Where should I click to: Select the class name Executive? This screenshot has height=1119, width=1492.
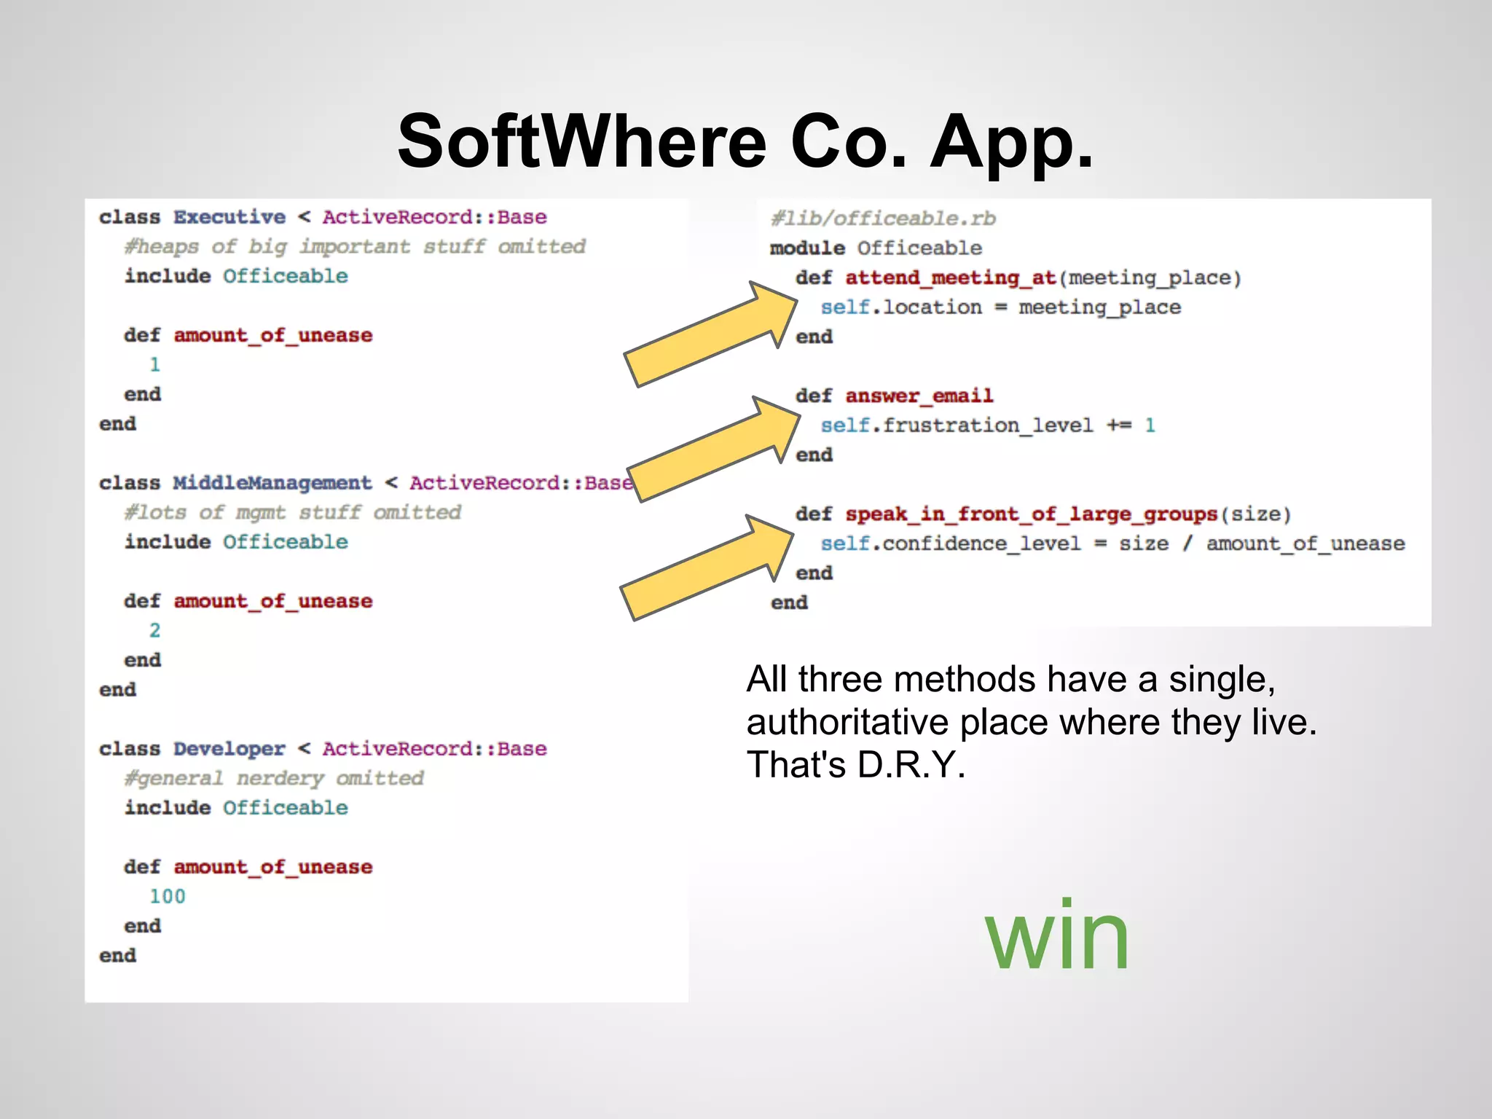click(x=229, y=217)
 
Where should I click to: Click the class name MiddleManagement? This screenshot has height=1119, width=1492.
click(x=272, y=483)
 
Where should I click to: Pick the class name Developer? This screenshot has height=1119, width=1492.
click(x=229, y=749)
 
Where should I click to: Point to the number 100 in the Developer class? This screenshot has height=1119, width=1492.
click(x=168, y=896)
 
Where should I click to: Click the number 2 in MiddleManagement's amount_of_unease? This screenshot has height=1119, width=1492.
click(x=154, y=630)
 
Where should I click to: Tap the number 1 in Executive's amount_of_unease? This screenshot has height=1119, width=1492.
click(x=154, y=364)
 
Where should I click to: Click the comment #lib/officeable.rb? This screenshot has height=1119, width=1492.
click(x=883, y=219)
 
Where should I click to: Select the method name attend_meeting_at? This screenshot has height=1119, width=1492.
click(x=951, y=278)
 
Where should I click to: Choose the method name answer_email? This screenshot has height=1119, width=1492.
click(x=919, y=396)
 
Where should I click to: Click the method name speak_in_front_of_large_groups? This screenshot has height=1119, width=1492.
click(x=1031, y=514)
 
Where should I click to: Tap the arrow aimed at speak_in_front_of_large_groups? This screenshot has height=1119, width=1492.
click(x=707, y=568)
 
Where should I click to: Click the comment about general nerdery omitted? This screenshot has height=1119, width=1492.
click(x=274, y=778)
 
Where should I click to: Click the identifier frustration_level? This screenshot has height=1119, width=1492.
click(x=988, y=425)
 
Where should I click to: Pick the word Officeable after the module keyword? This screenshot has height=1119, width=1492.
click(x=919, y=248)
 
